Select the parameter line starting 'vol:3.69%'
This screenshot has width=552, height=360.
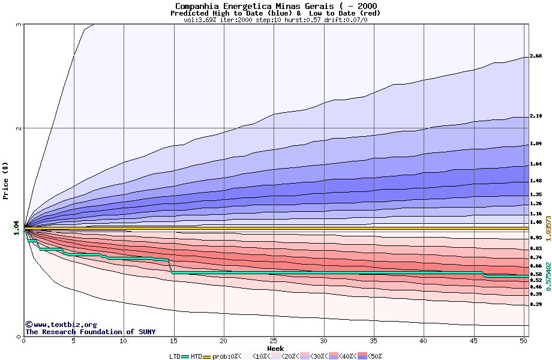pos(275,20)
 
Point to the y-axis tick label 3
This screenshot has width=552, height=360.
pos(19,25)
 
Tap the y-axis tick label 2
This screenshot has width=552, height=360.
pos(19,128)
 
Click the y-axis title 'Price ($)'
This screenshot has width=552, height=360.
pos(6,181)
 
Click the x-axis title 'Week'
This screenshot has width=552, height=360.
pos(275,349)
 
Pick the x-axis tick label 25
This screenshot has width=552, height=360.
pos(274,341)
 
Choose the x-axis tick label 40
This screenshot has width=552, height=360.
pos(424,341)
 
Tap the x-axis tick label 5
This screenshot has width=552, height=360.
pos(74,341)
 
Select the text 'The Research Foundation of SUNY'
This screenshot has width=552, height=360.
pos(90,332)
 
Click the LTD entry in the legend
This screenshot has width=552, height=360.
pos(176,356)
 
